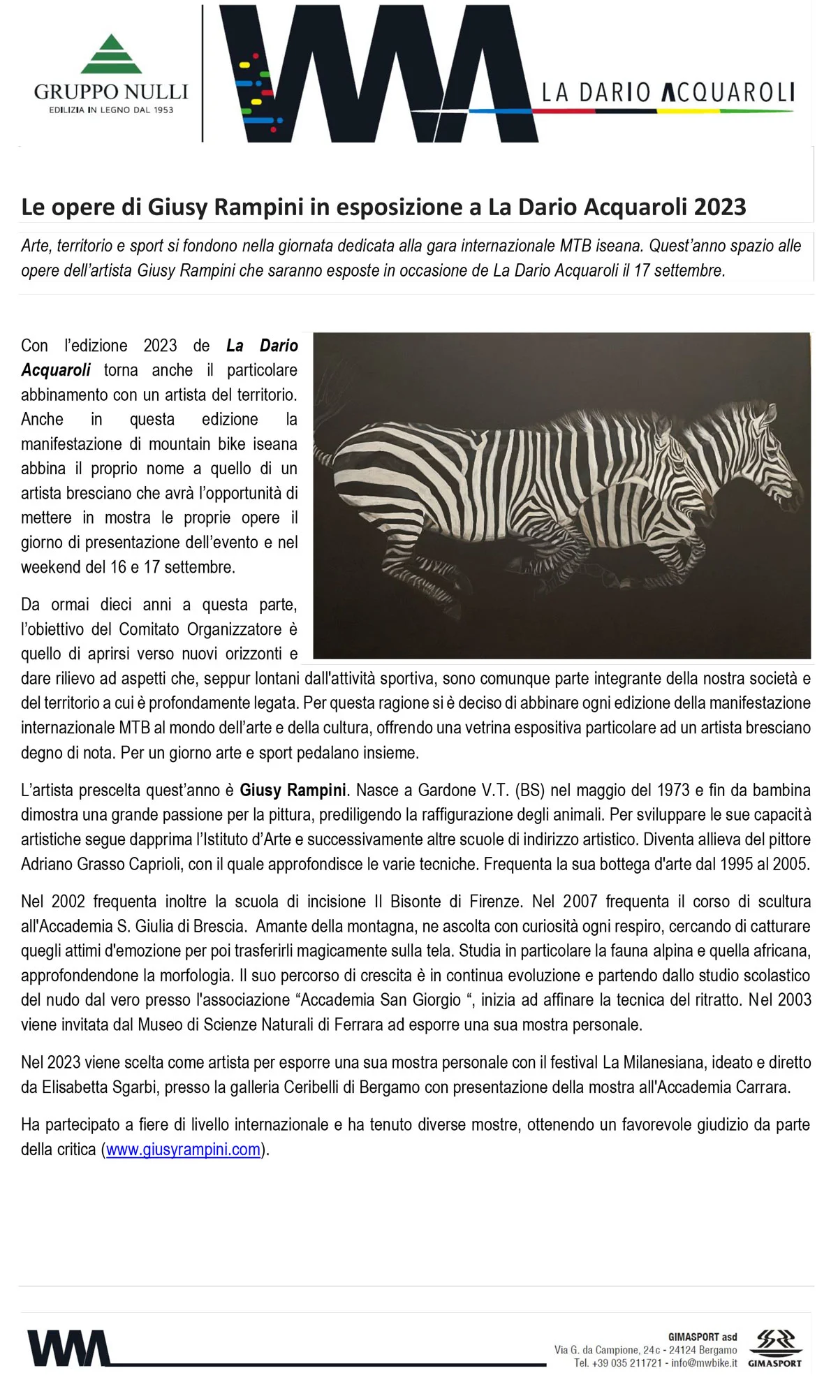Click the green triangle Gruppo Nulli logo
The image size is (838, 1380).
click(x=111, y=54)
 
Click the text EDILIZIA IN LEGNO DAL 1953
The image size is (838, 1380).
click(x=111, y=110)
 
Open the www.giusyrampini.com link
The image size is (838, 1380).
click(x=183, y=1149)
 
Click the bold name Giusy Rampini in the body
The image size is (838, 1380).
click(x=293, y=790)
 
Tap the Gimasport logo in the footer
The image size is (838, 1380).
click(x=775, y=1348)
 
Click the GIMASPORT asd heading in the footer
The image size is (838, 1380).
click(x=702, y=1337)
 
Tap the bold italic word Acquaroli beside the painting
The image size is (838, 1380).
click(x=56, y=370)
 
